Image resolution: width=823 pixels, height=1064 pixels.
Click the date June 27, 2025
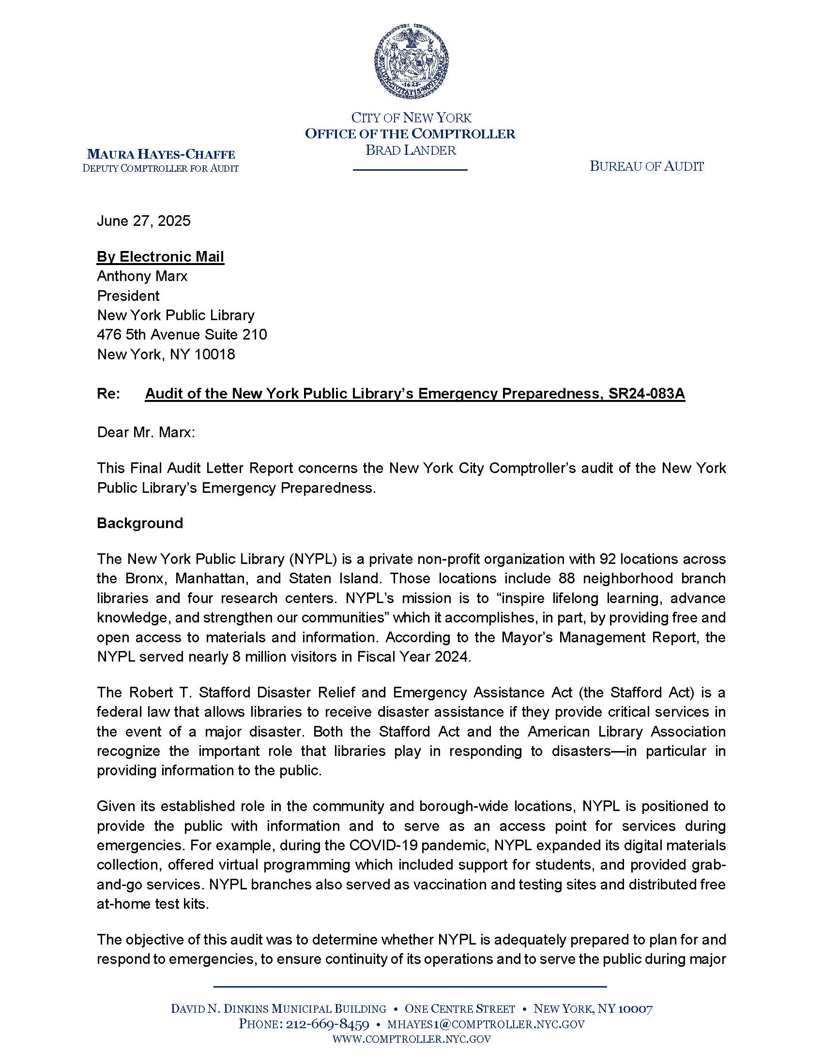143,221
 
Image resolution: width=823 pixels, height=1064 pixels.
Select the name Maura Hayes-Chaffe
161,154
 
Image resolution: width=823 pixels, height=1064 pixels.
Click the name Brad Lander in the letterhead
411,150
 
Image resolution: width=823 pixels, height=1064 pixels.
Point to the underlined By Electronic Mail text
160,257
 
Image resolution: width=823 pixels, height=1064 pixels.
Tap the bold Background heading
140,523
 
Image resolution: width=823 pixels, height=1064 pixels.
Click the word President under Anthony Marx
128,296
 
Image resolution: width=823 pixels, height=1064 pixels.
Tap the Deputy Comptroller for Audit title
160,169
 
